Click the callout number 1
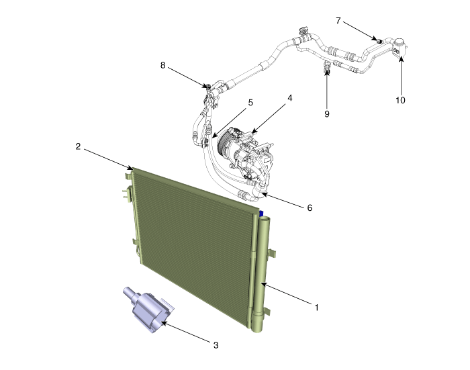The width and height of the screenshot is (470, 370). click(316, 308)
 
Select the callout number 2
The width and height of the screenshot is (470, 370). click(79, 146)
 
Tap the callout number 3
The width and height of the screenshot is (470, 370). click(216, 345)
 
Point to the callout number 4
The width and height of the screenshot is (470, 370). click(289, 98)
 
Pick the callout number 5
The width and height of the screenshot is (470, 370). click(250, 103)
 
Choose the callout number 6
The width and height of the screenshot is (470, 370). click(310, 207)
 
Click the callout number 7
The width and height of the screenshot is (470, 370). click(338, 21)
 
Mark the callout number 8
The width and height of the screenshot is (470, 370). click(162, 65)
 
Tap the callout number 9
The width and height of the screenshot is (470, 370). click(327, 114)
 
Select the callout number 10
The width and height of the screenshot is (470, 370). click(400, 100)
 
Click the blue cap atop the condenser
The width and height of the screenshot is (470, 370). click(261, 214)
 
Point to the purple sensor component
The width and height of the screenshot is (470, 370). click(148, 310)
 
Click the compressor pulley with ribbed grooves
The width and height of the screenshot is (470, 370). click(224, 142)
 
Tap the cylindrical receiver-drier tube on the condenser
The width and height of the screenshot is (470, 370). click(261, 275)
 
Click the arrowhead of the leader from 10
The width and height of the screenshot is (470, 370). click(401, 58)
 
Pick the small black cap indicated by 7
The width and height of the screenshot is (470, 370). click(378, 40)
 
